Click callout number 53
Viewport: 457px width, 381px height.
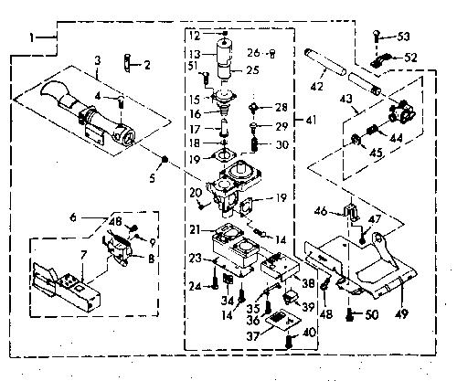tap(403, 37)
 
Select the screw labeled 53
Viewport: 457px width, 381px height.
tap(377, 36)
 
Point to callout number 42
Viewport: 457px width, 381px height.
tap(317, 86)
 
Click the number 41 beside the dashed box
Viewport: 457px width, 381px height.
tap(311, 121)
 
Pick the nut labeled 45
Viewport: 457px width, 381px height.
tap(356, 140)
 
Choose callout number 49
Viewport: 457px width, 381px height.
tap(402, 312)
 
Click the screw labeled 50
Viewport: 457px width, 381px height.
tap(350, 314)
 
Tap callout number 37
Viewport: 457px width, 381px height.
tap(253, 336)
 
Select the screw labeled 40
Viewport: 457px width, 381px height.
tap(289, 342)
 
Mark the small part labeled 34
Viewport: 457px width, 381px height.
tap(228, 279)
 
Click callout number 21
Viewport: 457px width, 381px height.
tap(195, 229)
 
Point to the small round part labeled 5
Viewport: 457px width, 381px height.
tap(165, 159)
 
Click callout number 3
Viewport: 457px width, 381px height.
tap(97, 60)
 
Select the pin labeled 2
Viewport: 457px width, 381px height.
tap(127, 63)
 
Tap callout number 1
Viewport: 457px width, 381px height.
tap(32, 37)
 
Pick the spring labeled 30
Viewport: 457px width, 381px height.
tap(255, 144)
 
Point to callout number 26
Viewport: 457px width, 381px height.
tap(253, 53)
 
